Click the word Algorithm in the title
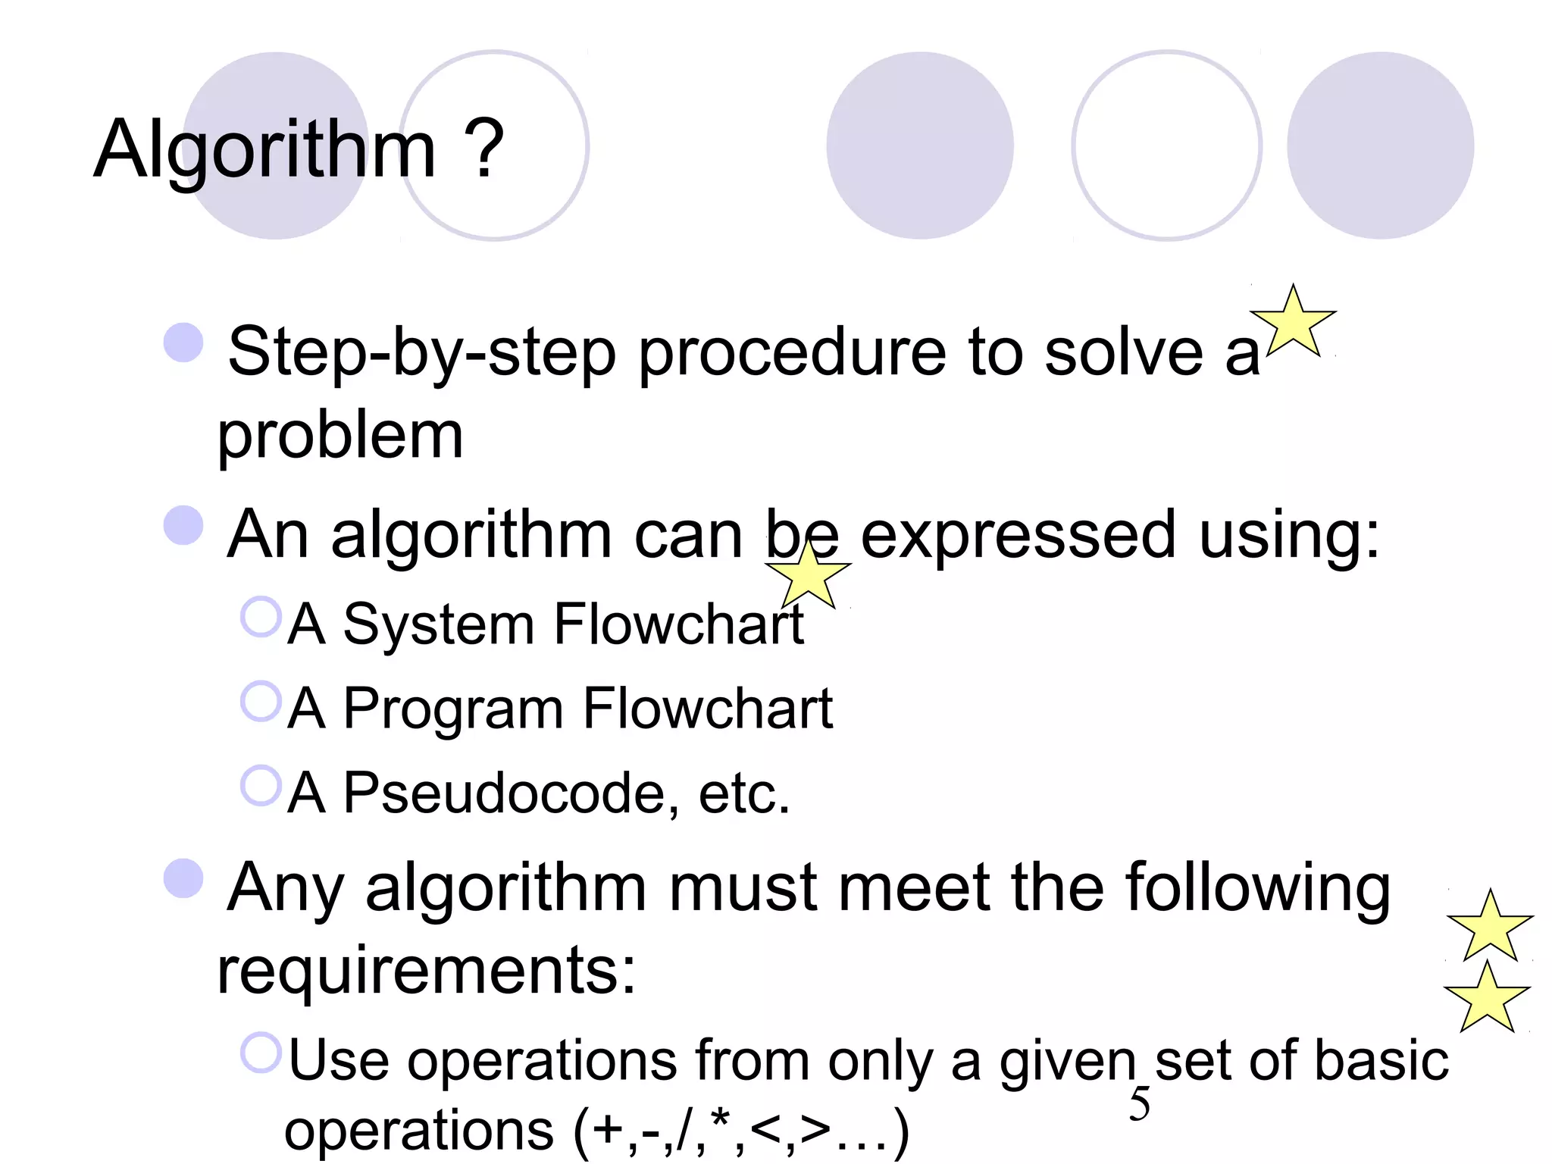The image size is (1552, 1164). (264, 150)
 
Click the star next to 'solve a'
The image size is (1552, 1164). (1294, 323)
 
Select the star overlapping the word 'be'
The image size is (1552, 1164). (809, 576)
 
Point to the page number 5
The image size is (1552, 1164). (1139, 1104)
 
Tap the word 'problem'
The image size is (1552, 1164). (339, 437)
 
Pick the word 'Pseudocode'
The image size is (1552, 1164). (504, 793)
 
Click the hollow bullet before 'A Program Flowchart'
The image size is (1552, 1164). (261, 702)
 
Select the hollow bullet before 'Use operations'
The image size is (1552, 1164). (261, 1053)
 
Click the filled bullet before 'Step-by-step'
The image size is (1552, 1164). (183, 343)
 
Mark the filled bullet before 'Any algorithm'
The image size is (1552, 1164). (183, 878)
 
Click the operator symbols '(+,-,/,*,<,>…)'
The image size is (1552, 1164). (740, 1131)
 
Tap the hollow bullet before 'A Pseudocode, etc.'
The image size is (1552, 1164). (261, 786)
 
